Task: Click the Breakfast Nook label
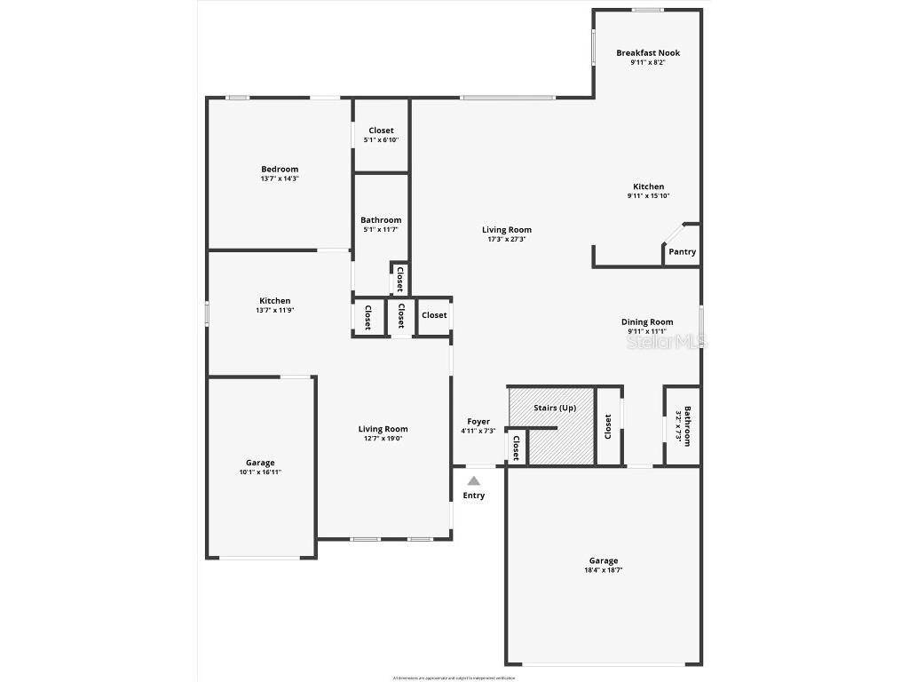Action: click(648, 53)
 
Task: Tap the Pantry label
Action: click(682, 252)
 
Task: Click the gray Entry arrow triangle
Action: click(474, 480)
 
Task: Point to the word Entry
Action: click(474, 496)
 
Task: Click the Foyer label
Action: click(478, 422)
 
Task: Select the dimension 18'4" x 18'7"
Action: click(603, 570)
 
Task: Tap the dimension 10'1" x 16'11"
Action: click(260, 472)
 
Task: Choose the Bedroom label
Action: click(280, 169)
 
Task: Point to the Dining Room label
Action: click(647, 322)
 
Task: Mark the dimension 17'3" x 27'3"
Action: click(507, 239)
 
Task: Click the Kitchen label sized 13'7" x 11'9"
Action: click(274, 301)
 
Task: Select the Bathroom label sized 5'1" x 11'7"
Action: click(381, 220)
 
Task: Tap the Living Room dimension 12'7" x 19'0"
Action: click(383, 439)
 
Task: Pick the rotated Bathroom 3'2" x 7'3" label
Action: click(682, 426)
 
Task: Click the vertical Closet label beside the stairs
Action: click(608, 426)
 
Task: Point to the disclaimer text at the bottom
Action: click(454, 677)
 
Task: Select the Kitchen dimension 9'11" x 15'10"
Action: click(648, 196)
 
